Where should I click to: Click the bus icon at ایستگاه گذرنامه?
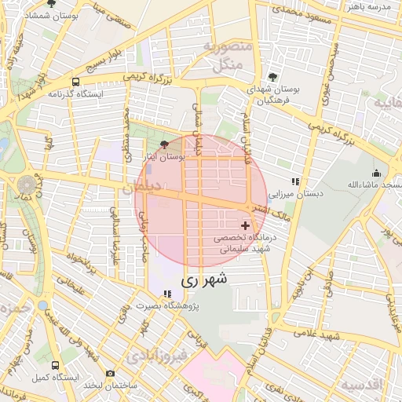point(75,82)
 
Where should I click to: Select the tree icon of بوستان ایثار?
point(163,144)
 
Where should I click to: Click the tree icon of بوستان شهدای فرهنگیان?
point(272,77)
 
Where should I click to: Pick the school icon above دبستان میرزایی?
point(295,181)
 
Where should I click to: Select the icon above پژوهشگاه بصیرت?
point(166,294)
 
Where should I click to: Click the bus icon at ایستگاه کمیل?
point(54,366)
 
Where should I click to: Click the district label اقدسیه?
point(363,384)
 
